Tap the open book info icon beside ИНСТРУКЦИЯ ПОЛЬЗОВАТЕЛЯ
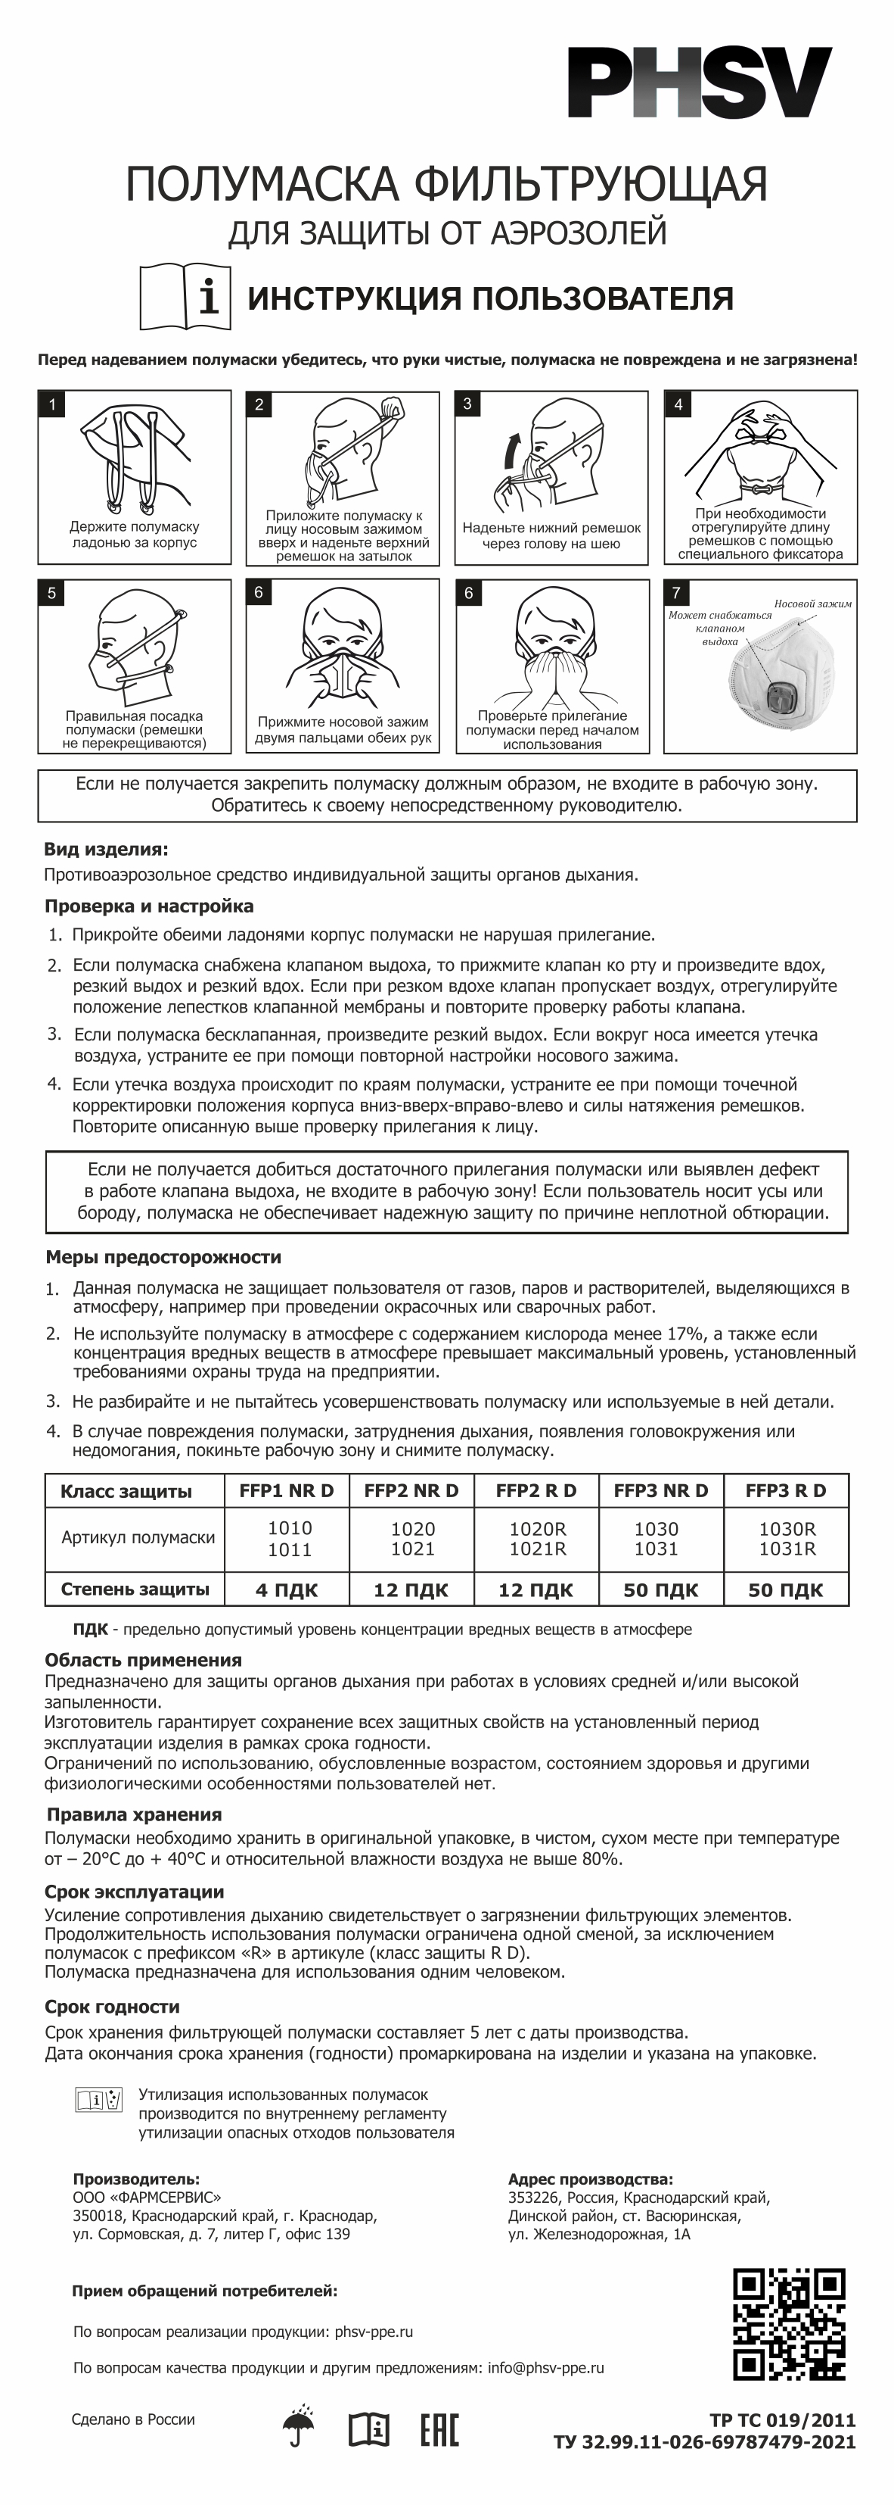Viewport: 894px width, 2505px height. point(185,297)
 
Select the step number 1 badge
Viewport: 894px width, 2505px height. point(51,404)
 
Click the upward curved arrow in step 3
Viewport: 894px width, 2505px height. point(512,453)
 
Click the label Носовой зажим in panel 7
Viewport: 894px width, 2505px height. point(812,604)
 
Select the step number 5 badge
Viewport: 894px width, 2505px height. point(51,593)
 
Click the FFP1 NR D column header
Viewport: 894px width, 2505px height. point(287,1491)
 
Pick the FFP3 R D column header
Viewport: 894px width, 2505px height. point(785,1491)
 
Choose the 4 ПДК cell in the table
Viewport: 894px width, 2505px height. point(287,1590)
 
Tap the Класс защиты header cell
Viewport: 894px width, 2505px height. point(126,1492)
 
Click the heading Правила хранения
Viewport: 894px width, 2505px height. point(134,1814)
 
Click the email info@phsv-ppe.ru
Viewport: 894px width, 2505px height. point(546,2368)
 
